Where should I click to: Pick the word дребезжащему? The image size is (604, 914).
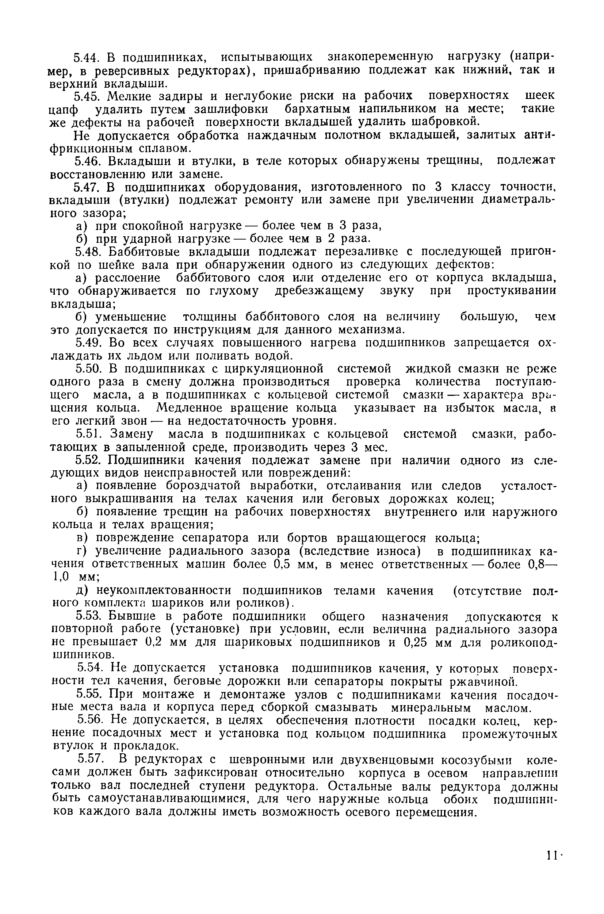[x=319, y=291]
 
